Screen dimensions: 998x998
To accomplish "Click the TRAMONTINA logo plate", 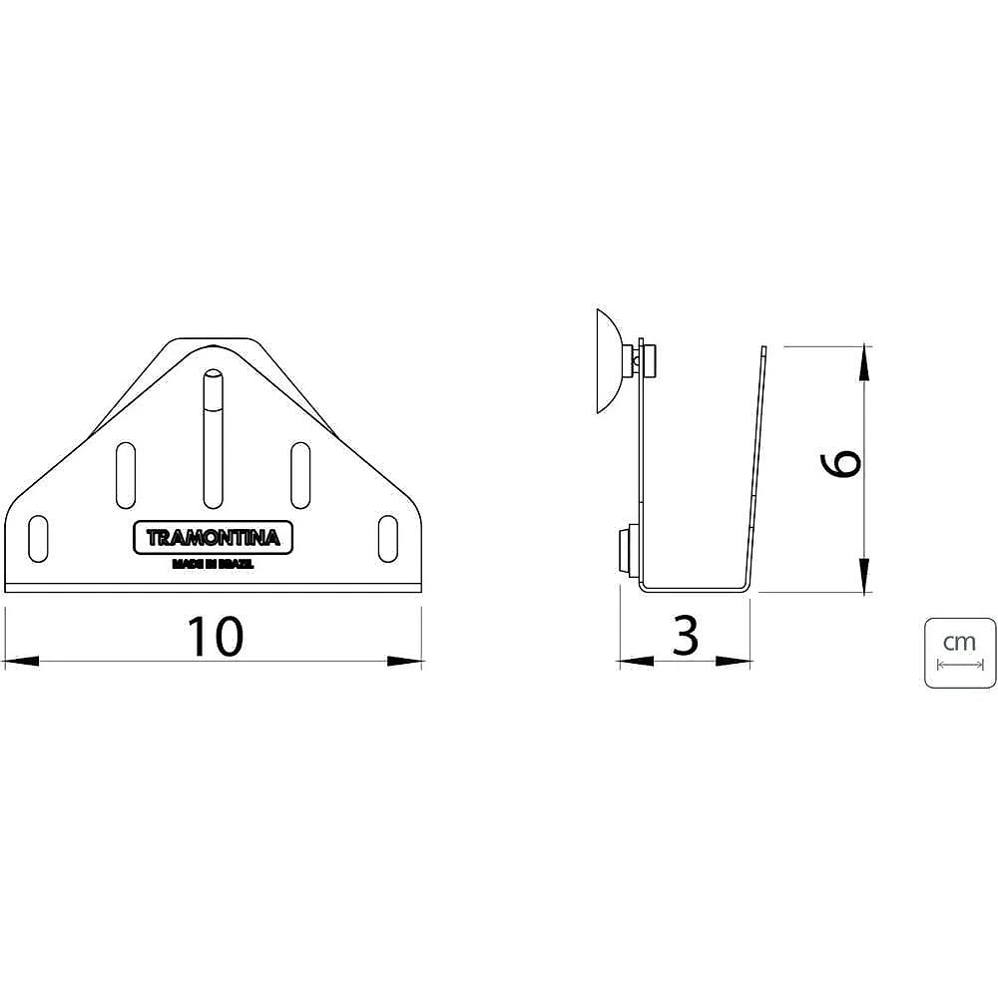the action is click(213, 538).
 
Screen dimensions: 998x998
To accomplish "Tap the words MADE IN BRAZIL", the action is click(213, 564).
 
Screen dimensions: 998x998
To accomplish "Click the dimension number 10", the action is click(215, 636).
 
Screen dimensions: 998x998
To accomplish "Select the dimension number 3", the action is click(686, 635).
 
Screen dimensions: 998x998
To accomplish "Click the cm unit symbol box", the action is click(960, 653).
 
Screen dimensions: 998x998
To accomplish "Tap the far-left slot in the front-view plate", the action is click(38, 539).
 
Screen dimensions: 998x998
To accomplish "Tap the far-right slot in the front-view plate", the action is click(387, 539).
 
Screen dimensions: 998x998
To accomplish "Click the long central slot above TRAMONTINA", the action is click(214, 439).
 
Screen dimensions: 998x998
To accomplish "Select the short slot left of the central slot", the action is click(126, 475).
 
